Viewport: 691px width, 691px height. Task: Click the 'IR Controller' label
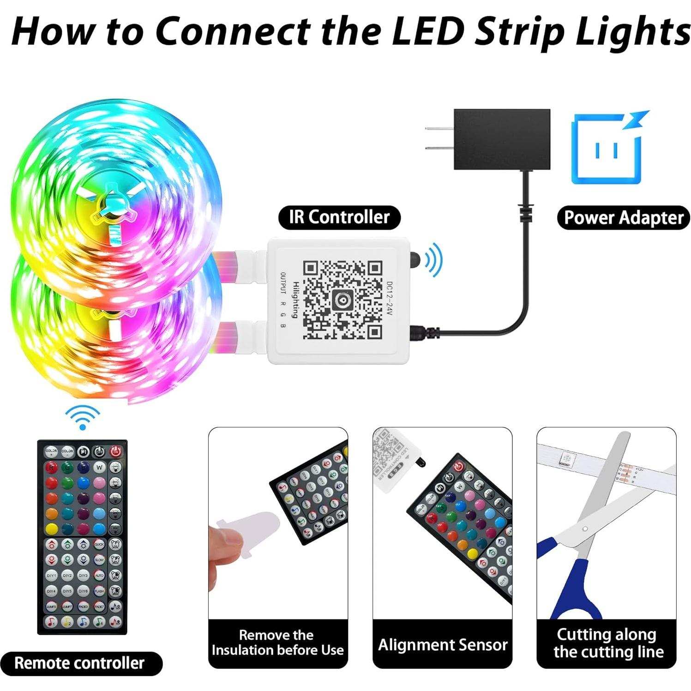(x=339, y=217)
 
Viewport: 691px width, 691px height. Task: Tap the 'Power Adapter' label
(x=623, y=218)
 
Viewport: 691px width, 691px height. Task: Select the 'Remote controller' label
(x=80, y=663)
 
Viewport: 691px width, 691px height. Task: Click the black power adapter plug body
(x=502, y=139)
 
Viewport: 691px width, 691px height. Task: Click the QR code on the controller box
(x=342, y=300)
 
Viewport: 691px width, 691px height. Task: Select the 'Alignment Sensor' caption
(x=442, y=644)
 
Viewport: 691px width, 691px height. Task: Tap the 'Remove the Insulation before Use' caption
(x=278, y=643)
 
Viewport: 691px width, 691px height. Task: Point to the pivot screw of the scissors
(x=585, y=529)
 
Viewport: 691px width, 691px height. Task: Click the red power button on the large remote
(x=115, y=451)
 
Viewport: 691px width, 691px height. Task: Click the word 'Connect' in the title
(x=233, y=31)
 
